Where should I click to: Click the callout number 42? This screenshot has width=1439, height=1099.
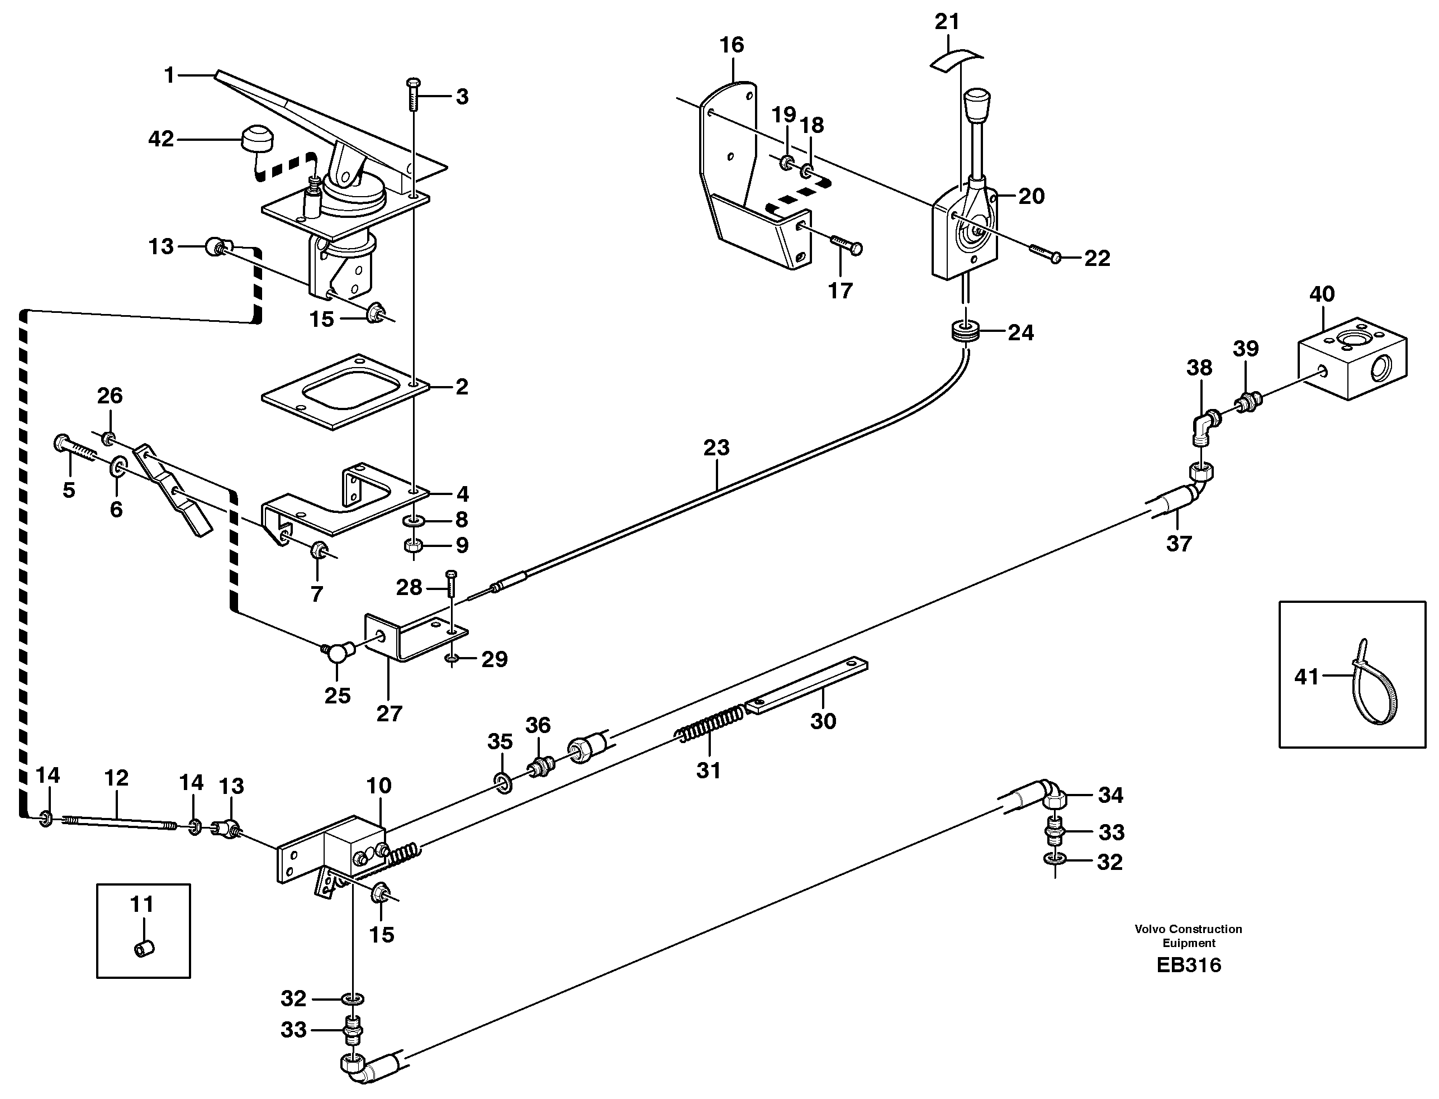point(161,139)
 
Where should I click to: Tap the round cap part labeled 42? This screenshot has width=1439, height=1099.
point(257,139)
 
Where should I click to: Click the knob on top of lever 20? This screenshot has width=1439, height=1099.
point(976,104)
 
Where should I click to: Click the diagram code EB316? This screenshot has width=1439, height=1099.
point(1189,965)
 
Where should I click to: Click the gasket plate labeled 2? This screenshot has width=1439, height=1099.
point(345,392)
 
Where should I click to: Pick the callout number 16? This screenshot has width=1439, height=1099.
point(732,45)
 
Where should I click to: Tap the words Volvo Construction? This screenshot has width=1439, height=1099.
point(1189,929)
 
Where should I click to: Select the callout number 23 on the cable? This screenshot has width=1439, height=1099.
point(716,448)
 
